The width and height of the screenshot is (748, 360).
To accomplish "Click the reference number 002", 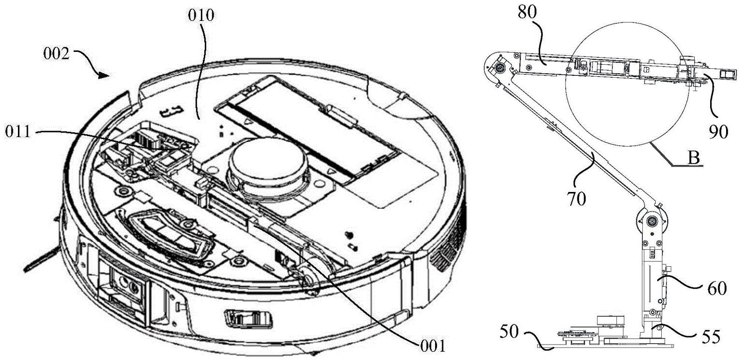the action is click(x=56, y=53).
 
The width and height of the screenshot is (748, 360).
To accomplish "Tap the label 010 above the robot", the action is click(x=201, y=15).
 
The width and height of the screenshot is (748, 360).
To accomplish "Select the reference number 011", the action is click(x=18, y=132).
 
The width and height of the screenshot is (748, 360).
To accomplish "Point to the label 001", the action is click(x=433, y=346).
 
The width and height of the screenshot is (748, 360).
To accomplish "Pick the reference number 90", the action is click(x=718, y=132).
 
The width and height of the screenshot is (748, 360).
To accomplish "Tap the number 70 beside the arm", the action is click(x=577, y=199).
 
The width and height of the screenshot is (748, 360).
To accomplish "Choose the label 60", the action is click(x=717, y=289).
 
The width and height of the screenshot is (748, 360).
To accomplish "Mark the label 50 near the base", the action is click(x=509, y=332).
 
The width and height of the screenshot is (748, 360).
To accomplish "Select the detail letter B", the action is click(x=694, y=158).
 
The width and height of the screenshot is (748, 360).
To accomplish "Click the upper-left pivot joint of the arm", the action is click(x=500, y=68).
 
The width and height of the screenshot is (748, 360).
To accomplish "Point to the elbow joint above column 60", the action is click(x=651, y=221).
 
